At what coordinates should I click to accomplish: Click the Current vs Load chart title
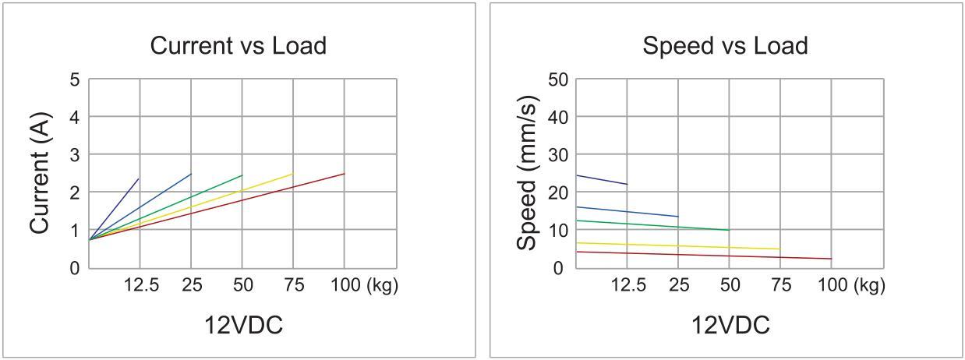point(238,46)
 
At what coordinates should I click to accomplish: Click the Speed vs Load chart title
point(724,46)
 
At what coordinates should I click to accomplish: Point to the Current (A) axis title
point(41,173)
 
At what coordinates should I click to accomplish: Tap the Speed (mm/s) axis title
point(528,173)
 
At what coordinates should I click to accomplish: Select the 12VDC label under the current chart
point(243,324)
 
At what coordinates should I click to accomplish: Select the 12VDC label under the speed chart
point(730,324)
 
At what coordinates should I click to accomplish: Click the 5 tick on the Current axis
point(75,79)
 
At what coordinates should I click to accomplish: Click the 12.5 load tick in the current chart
point(141,286)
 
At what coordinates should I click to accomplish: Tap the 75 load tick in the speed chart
point(779,286)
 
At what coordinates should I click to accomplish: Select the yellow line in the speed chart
point(678,246)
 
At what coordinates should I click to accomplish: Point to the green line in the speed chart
point(655,225)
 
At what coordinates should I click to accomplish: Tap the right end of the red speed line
point(831,259)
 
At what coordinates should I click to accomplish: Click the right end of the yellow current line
point(292,174)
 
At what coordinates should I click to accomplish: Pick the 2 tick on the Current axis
point(75,192)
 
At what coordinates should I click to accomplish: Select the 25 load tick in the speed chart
point(678,286)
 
